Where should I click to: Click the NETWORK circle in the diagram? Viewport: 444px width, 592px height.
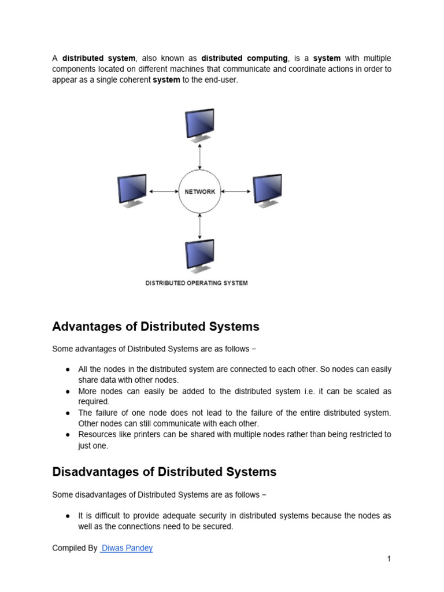click(x=199, y=191)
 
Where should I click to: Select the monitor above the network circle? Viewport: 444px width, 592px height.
click(x=199, y=124)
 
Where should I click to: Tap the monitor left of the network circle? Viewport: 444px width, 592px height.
click(x=132, y=190)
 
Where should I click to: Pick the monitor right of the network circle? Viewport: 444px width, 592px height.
click(x=267, y=190)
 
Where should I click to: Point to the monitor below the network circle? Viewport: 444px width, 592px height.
click(x=199, y=256)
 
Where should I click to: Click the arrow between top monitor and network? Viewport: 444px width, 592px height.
click(x=199, y=157)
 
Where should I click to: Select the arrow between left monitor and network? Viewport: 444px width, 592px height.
click(x=163, y=191)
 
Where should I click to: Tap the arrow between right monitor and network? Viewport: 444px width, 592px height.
click(x=236, y=191)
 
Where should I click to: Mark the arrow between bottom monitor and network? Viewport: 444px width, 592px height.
click(x=199, y=226)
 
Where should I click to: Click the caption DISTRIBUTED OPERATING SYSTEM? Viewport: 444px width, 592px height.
click(x=196, y=283)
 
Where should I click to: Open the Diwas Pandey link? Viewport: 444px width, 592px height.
click(x=127, y=548)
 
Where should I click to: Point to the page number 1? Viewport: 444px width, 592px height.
click(x=389, y=559)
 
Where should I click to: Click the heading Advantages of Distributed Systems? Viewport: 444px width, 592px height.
click(x=156, y=327)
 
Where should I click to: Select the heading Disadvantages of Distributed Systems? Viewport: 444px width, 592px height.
click(x=164, y=472)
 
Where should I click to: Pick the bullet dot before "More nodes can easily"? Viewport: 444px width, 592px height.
click(x=68, y=392)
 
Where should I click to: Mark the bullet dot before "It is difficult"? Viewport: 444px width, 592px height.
click(x=68, y=516)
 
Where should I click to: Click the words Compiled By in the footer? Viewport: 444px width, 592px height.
click(x=75, y=548)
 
